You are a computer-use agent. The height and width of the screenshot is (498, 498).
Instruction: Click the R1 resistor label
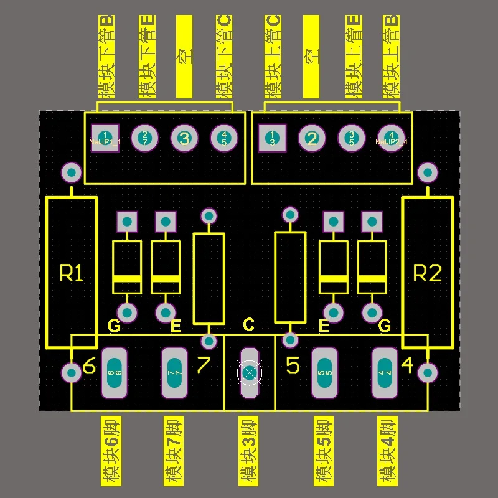(71, 273)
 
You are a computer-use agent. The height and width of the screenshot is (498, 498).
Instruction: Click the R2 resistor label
(428, 273)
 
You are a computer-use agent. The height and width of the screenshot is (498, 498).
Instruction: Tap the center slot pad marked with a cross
(249, 372)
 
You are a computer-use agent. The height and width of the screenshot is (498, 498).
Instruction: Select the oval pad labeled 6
(114, 372)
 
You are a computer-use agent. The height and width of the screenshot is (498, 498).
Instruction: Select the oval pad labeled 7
(174, 372)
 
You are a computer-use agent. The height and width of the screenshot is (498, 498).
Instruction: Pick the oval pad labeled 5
(324, 372)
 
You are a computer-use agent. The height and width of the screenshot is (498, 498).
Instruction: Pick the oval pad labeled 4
(384, 372)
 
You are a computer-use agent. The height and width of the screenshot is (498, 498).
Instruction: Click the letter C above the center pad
(248, 324)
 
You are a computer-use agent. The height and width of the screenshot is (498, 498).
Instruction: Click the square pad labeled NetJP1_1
(105, 138)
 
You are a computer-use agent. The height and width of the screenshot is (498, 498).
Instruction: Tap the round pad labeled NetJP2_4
(391, 138)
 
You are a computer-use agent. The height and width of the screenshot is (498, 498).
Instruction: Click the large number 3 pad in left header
(184, 138)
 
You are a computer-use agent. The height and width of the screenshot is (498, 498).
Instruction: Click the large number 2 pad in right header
(312, 138)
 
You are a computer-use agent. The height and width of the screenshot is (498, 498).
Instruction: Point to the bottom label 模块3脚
(248, 451)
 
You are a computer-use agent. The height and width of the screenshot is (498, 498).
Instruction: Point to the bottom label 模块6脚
(111, 451)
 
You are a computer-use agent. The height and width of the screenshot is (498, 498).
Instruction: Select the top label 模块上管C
(273, 57)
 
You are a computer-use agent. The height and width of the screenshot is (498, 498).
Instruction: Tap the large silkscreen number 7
(204, 365)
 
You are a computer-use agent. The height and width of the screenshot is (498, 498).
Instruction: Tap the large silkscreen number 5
(293, 365)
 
